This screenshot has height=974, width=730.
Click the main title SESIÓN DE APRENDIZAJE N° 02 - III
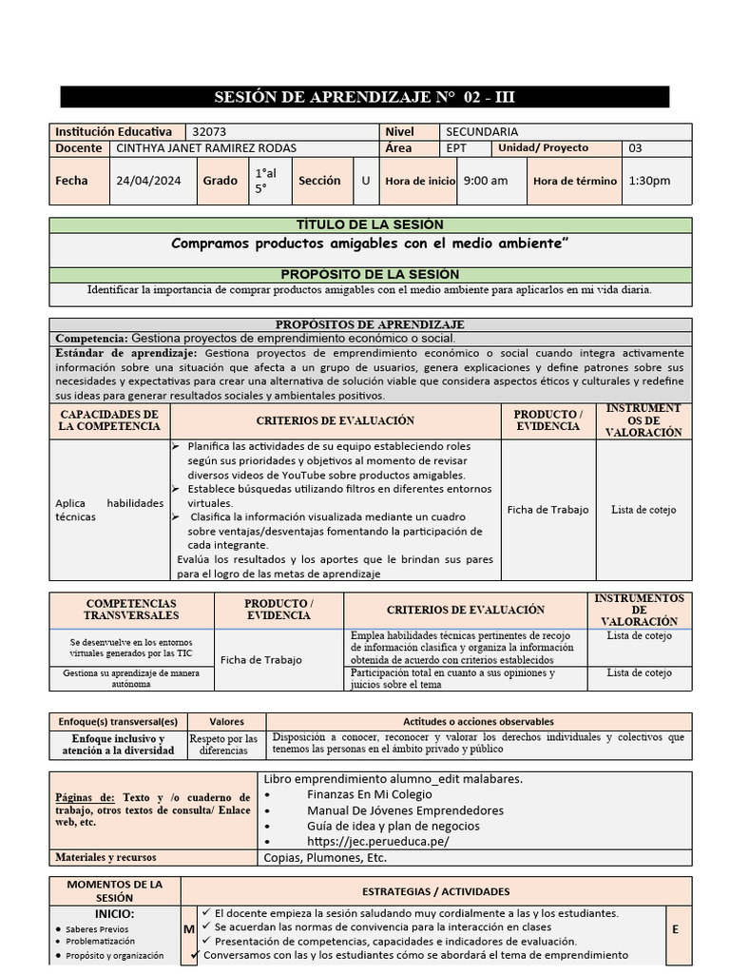pos(365,97)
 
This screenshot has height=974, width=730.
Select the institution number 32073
pos(209,132)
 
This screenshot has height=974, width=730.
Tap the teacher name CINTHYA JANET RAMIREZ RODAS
pos(206,148)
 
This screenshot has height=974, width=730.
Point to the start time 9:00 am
pos(485,181)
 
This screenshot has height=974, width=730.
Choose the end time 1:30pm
pos(649,181)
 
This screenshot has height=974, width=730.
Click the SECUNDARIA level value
pos(482,132)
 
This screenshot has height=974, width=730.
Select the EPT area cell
pos(456,148)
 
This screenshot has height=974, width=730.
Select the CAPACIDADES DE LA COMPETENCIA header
pos(109,420)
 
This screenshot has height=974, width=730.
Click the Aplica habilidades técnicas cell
pos(109,510)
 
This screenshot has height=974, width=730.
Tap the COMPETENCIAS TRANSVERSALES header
pos(131,610)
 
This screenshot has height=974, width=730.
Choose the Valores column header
pos(226,722)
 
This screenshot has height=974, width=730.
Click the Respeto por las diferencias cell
pos(223,745)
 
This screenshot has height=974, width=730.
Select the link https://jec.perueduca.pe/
pos(377,842)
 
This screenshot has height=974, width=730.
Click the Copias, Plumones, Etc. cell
pos(325,857)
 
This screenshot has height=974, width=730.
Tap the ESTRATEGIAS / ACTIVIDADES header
pos(435,891)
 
